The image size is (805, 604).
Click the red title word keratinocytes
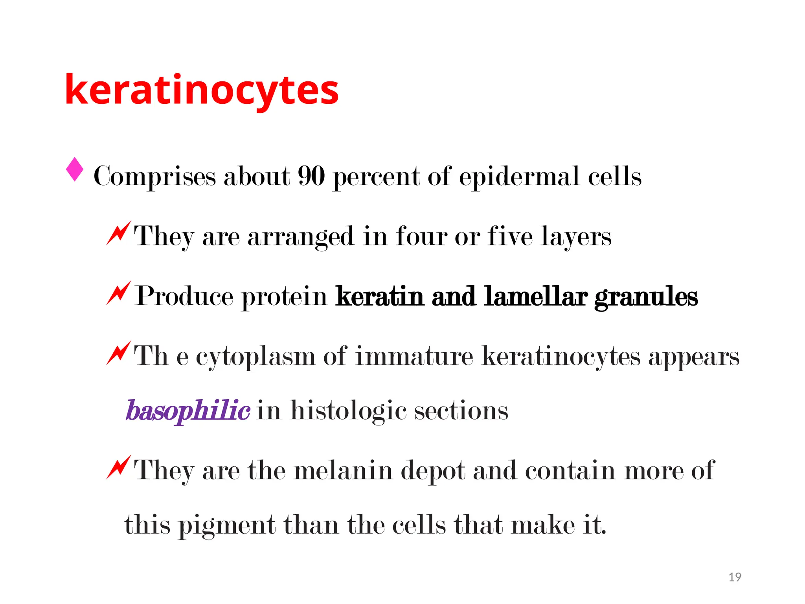point(202,90)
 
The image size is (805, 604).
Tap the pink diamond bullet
point(75,169)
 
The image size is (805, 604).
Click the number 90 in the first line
point(311,176)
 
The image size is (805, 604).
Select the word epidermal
point(519,177)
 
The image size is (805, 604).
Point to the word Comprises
point(154,177)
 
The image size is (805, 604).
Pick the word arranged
point(301,236)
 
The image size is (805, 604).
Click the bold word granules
point(646,297)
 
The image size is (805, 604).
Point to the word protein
point(284,296)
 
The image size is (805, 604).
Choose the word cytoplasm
point(255,357)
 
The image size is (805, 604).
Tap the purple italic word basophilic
point(187,411)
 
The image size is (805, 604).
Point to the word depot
point(433,471)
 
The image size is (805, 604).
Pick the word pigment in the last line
point(227,525)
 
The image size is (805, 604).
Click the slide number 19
point(735,577)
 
